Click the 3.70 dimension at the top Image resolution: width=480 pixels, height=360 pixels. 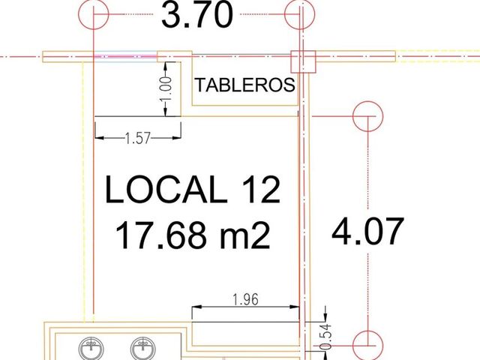[197, 14]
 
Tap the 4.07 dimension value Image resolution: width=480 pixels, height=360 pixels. [367, 231]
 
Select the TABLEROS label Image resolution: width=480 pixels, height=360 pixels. [245, 85]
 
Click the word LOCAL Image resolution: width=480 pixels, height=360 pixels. [166, 190]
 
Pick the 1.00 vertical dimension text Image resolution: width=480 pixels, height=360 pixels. [166, 89]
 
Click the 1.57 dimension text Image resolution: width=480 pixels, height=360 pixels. [138, 138]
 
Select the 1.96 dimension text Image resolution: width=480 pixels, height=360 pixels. [245, 299]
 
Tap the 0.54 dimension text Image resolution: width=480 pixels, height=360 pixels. [326, 337]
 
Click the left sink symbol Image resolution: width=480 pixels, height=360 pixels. [91, 349]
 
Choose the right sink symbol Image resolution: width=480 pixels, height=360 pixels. [142, 349]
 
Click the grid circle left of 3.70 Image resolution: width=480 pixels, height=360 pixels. [93, 14]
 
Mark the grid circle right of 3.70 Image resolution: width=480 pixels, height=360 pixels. [299, 14]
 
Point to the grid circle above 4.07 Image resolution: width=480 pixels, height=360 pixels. [367, 116]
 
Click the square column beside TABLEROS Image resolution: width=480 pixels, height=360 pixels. [303, 61]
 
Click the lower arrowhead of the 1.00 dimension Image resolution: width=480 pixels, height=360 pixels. [166, 112]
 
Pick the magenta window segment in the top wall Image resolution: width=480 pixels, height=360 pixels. [126, 56]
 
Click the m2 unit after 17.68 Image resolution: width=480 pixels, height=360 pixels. [245, 235]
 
